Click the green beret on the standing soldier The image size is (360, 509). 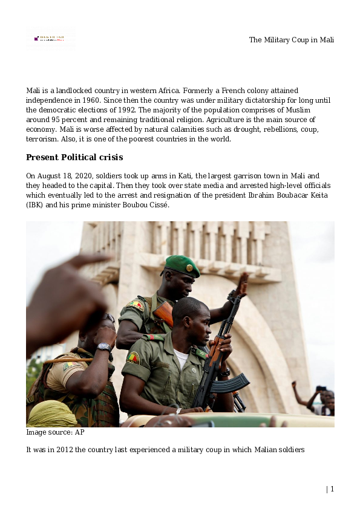pos(181,265)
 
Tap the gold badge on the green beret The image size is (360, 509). pos(189,267)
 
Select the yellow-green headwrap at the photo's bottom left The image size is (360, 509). pos(52,414)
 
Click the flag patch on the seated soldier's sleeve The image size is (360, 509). pos(133,358)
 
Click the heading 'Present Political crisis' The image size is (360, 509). pos(74,158)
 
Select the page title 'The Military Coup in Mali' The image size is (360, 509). pos(292,40)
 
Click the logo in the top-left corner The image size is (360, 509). pos(51,38)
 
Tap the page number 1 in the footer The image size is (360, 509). pos(332,489)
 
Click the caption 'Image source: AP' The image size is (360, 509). pos(55,433)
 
